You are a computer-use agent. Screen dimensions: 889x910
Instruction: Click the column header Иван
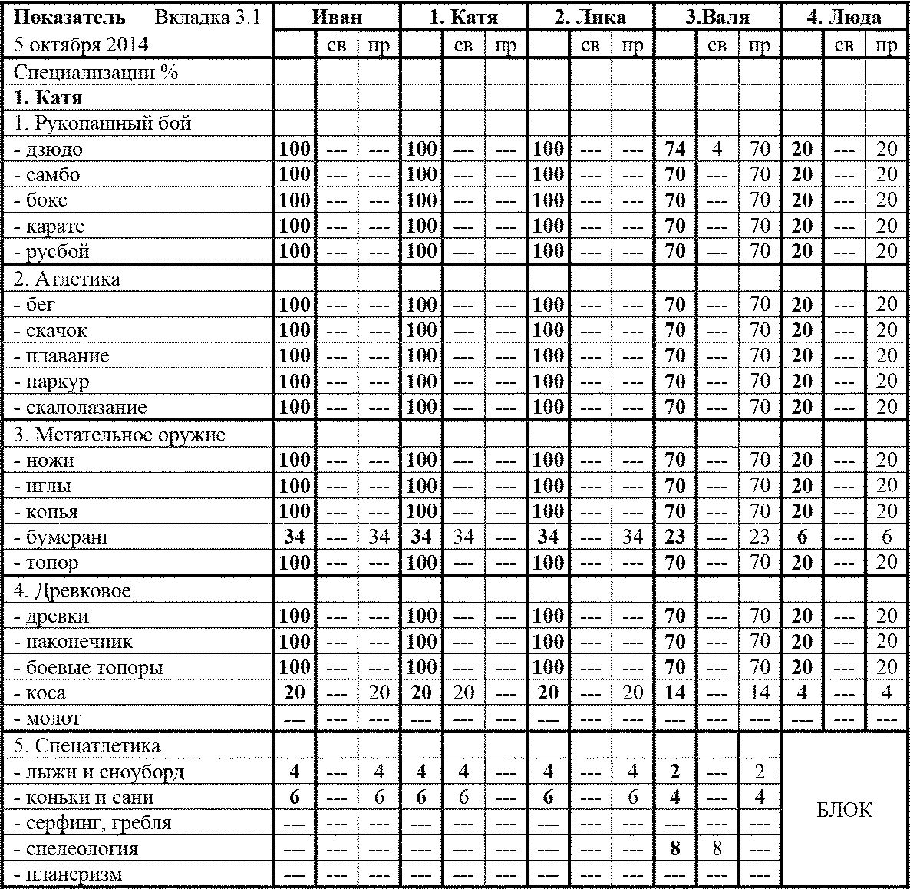click(x=337, y=17)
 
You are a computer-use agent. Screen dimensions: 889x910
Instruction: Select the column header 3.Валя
click(x=717, y=17)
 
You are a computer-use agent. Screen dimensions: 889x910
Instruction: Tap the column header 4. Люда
click(x=844, y=17)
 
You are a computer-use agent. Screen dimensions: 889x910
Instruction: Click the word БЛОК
click(x=844, y=810)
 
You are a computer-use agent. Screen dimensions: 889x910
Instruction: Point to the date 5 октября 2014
click(x=81, y=45)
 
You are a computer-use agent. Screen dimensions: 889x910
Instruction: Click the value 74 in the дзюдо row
click(x=674, y=149)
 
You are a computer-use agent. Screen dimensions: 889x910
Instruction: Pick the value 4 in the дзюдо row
click(x=717, y=149)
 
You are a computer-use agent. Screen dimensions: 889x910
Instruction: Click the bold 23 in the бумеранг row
click(x=674, y=537)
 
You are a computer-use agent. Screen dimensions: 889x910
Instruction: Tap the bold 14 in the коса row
click(x=674, y=693)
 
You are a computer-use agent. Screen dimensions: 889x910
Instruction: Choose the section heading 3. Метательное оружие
click(x=120, y=435)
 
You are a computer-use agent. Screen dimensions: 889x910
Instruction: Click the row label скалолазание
click(x=80, y=408)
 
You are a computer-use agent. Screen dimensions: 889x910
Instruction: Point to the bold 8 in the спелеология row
click(x=674, y=849)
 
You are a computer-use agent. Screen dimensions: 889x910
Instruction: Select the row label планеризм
click(x=68, y=874)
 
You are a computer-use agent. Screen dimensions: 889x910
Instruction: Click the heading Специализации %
click(x=96, y=73)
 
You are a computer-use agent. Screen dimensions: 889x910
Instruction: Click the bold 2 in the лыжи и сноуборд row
click(x=674, y=772)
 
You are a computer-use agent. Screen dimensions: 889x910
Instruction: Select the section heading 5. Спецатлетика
click(x=87, y=746)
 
